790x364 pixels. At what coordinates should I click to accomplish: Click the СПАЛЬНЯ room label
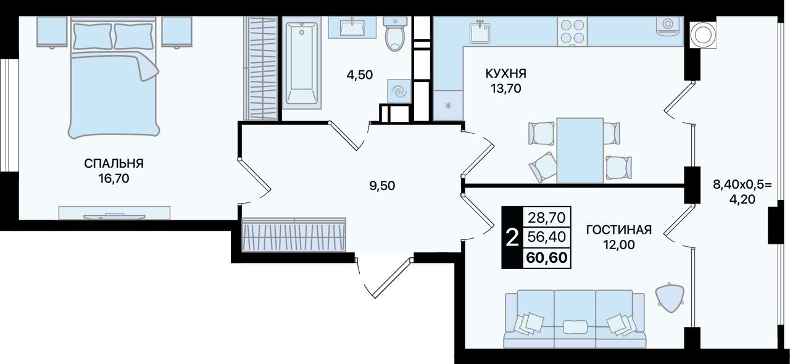(114, 163)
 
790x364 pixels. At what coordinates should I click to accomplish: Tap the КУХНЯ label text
(505, 73)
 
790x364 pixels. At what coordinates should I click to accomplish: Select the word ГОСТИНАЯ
(619, 230)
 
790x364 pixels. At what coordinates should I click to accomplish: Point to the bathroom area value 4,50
(360, 75)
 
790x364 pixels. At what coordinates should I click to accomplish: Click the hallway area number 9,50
(382, 186)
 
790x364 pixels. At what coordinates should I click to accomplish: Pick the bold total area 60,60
(547, 257)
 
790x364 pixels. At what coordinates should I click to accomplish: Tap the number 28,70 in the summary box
(547, 218)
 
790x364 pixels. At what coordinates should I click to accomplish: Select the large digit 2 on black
(512, 238)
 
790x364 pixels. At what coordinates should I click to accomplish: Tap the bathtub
(302, 63)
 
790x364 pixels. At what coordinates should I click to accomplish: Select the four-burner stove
(572, 31)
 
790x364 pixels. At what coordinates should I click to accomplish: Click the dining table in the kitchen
(580, 151)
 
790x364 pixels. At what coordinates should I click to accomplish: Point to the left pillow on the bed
(93, 36)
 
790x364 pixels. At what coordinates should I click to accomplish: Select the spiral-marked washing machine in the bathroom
(399, 91)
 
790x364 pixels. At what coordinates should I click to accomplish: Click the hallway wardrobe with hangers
(294, 235)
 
